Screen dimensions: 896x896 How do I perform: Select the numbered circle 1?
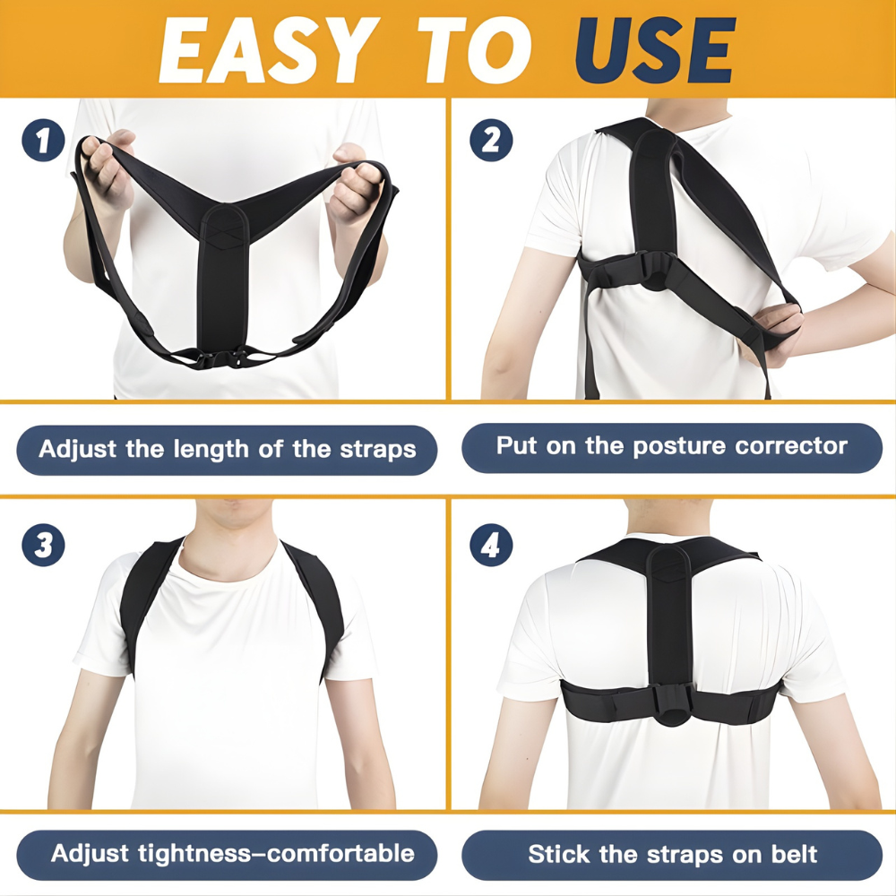43,142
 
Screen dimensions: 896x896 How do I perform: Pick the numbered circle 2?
491,140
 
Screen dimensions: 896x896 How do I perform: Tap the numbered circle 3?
43,546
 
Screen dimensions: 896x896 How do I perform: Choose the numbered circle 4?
491,546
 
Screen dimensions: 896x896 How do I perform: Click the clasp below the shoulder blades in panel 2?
651,268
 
